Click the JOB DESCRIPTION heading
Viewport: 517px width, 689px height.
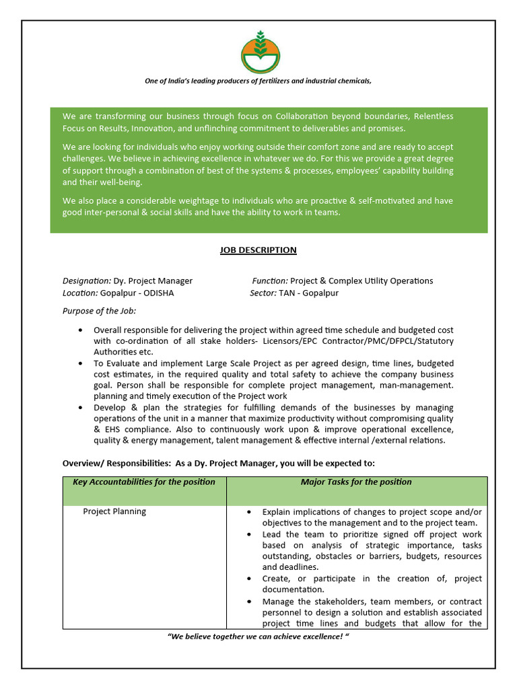[258, 250]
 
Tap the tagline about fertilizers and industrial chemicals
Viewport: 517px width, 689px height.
[258, 81]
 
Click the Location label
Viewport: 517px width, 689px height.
[80, 293]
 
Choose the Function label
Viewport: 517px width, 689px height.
[270, 281]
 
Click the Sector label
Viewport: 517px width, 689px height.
[263, 293]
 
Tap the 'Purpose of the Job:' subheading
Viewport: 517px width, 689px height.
[99, 311]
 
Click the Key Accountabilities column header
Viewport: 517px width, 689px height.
[144, 482]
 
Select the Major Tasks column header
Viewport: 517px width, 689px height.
[356, 482]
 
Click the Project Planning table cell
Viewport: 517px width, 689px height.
[114, 511]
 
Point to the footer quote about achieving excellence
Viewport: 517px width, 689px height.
[258, 637]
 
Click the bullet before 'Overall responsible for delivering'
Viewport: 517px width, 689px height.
[81, 330]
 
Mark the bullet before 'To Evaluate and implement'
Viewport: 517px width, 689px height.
[81, 363]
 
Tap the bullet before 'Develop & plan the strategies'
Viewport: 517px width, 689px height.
[81, 408]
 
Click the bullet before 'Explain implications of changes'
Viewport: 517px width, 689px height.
[250, 512]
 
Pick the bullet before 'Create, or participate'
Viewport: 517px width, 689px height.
[250, 579]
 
